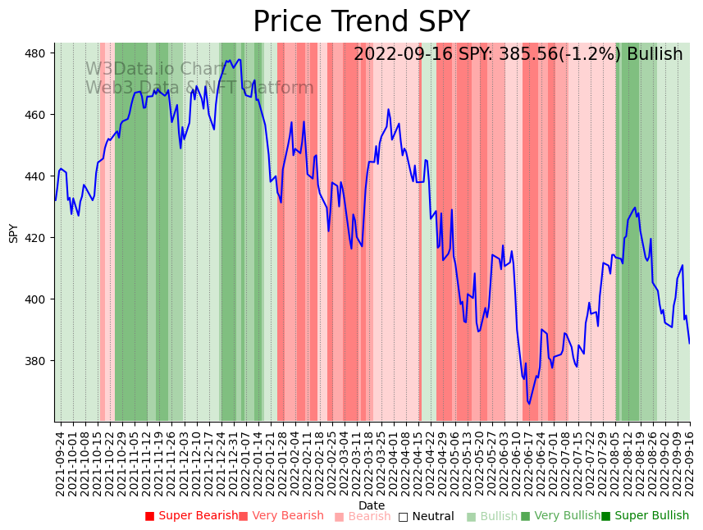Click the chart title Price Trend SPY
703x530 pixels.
(x=361, y=21)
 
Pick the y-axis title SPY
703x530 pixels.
(x=13, y=233)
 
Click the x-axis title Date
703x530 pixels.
(x=372, y=505)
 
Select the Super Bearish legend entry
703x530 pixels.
(x=192, y=516)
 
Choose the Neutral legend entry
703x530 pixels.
(x=427, y=516)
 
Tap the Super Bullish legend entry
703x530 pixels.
(x=646, y=516)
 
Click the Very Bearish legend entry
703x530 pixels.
(x=281, y=516)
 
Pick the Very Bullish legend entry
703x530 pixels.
(x=561, y=516)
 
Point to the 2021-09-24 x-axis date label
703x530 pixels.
(x=60, y=462)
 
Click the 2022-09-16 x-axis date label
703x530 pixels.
(x=688, y=462)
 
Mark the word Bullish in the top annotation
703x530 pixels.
(x=655, y=54)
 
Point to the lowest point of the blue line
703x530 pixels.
(x=529, y=404)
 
